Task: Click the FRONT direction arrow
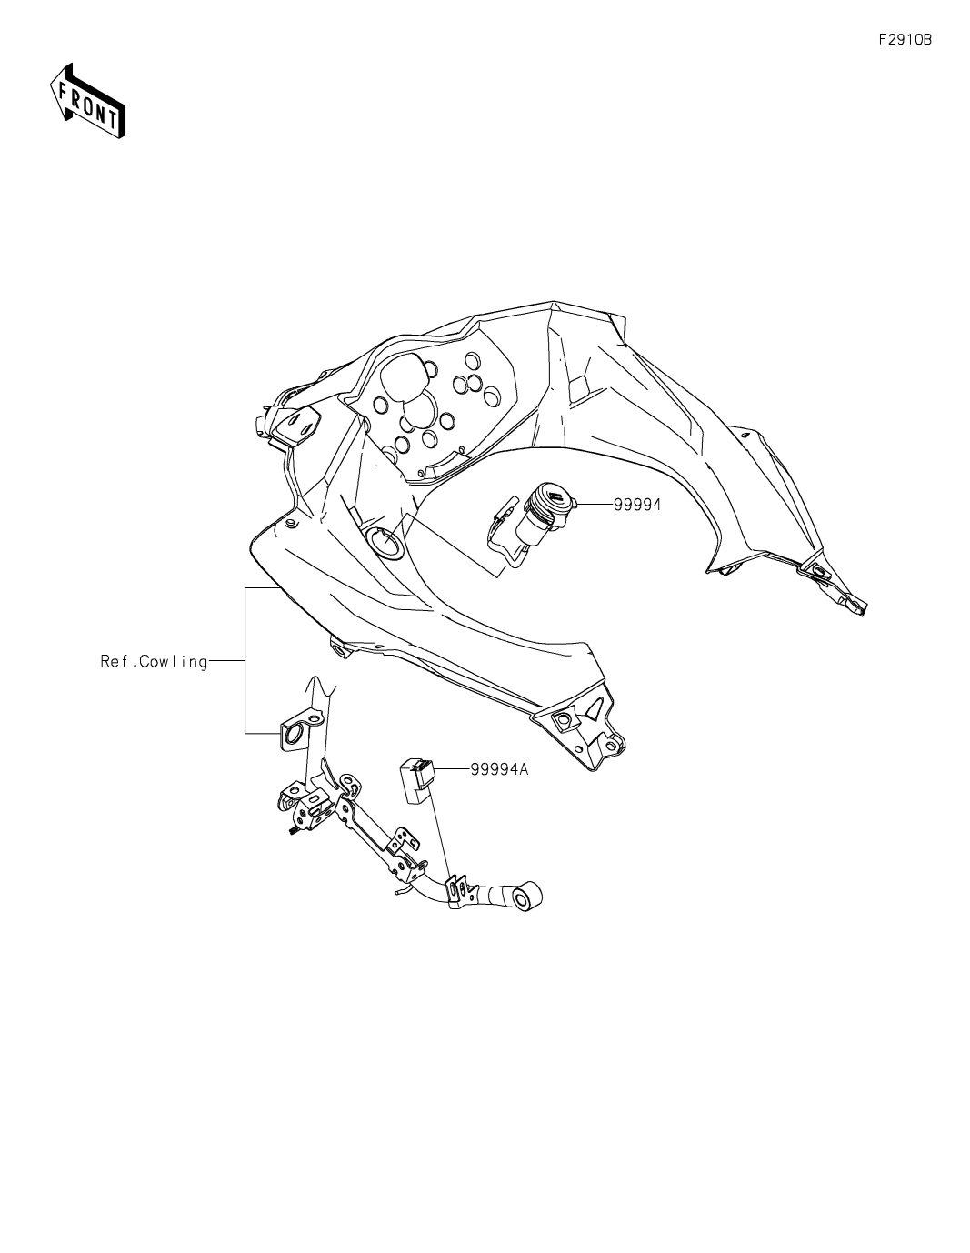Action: (87, 101)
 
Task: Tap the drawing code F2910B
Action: (905, 40)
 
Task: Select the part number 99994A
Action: (499, 769)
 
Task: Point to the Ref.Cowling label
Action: (154, 661)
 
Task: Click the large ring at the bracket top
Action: (292, 734)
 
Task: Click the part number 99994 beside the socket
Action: (636, 505)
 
